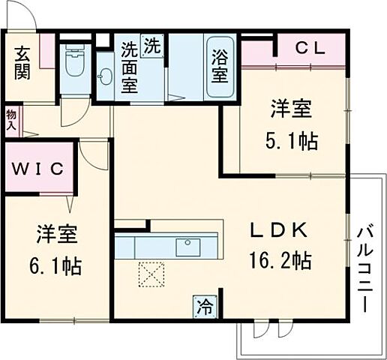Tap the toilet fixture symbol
74,63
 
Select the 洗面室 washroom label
130,66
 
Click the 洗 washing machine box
152,44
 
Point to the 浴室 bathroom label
220,65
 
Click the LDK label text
279,232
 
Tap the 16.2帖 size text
279,261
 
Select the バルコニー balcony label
365,266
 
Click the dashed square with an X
153,274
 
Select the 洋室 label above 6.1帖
56,235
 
